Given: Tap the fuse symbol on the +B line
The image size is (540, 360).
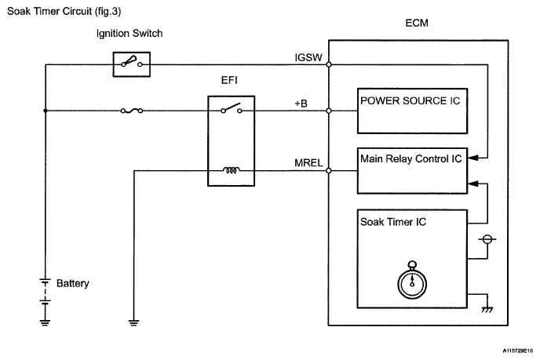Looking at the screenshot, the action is (132, 111).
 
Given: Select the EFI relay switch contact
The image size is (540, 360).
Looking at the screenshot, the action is (231, 108).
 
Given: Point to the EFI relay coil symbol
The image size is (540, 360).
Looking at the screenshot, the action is (231, 170).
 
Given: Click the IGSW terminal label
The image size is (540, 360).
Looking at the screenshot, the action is (308, 57).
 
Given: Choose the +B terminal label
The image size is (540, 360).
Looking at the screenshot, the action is (301, 104).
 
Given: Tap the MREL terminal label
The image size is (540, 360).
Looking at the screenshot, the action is (308, 163).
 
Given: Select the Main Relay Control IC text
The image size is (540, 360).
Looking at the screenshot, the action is (410, 158).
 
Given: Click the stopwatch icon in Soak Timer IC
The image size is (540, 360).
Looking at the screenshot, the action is (412, 280).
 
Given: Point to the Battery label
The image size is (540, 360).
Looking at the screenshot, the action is (73, 283).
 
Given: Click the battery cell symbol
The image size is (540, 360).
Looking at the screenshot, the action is (45, 291).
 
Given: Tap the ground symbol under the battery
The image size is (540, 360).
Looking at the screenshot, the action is (45, 322).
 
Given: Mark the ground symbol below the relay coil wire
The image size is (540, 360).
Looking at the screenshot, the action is (133, 322).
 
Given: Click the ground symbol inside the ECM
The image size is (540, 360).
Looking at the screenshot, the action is (487, 310).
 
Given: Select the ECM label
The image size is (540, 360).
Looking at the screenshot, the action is (417, 23).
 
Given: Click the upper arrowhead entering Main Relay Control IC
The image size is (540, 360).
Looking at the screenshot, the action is (473, 158).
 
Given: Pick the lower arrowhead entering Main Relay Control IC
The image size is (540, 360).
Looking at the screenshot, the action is (473, 184).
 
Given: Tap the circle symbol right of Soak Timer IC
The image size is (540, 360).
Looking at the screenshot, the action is (487, 239).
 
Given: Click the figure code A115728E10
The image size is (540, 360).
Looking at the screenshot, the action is (517, 351).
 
